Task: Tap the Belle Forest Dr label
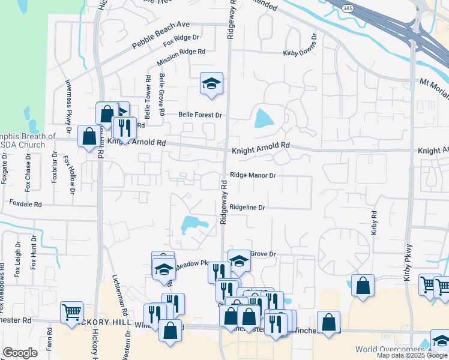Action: coord(200,115)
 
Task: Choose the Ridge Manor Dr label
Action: coord(253,176)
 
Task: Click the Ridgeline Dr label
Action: coord(247,207)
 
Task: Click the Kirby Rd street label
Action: coord(374,223)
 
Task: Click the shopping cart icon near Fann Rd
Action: coord(71,312)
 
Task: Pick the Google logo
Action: coord(20,353)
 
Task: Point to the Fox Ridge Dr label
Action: coord(181,41)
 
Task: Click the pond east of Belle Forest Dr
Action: coord(264,118)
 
